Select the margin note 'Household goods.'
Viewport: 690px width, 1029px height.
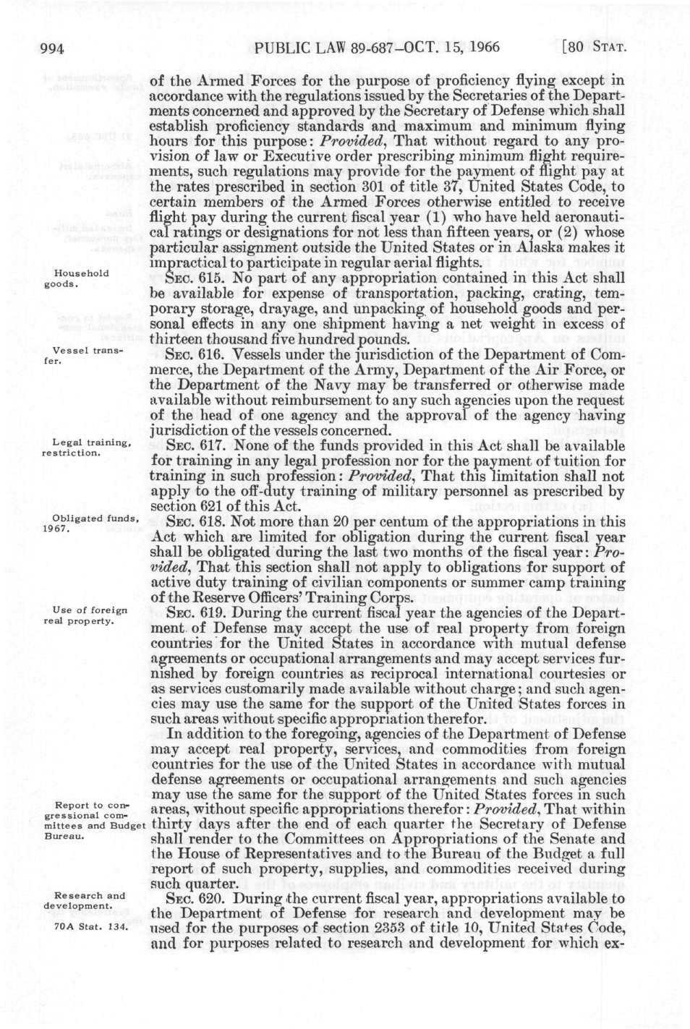[82, 278]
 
